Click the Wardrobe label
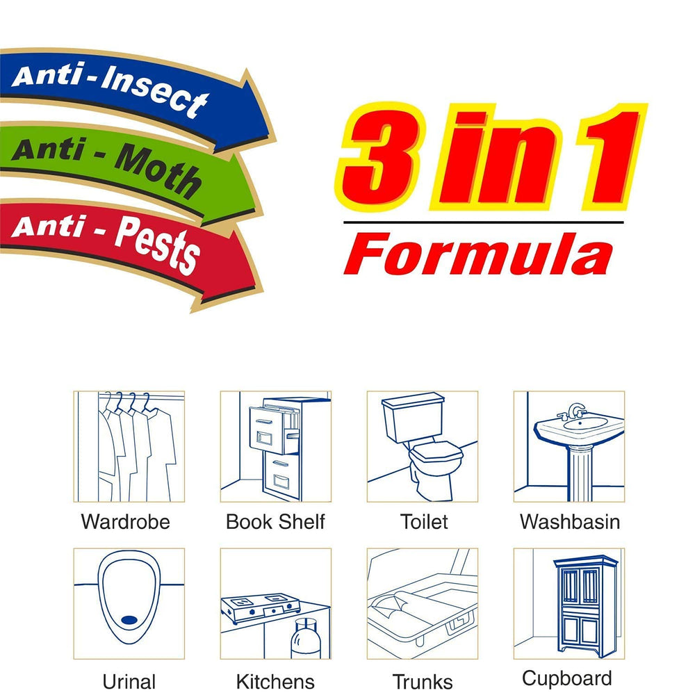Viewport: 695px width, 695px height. [125, 521]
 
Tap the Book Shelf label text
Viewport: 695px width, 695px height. [275, 521]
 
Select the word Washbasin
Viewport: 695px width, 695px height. [570, 521]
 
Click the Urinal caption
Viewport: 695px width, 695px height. [129, 681]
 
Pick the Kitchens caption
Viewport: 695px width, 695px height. [275, 681]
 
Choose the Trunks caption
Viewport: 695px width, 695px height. [423, 681]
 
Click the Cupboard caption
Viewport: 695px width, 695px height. [567, 678]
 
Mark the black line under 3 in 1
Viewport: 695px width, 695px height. [483, 223]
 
